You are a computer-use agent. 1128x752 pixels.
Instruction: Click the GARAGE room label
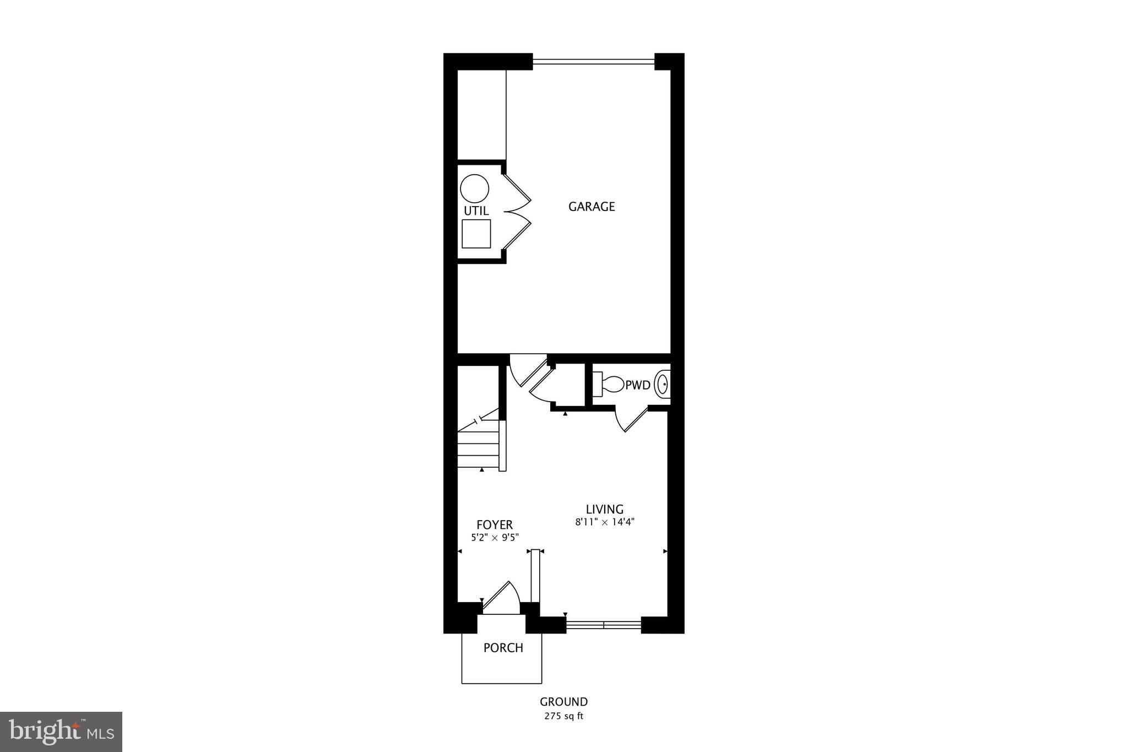click(592, 207)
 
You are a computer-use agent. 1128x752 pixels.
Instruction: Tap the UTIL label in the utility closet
click(476, 211)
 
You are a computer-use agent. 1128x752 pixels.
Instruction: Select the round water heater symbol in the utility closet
click(474, 188)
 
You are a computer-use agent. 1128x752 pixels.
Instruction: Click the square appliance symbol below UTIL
click(476, 234)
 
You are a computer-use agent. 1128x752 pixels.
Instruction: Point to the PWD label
click(638, 385)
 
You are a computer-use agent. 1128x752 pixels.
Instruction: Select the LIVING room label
click(604, 510)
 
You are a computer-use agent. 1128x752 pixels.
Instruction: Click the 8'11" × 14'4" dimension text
click(605, 522)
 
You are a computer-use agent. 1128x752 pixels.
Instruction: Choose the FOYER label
click(495, 525)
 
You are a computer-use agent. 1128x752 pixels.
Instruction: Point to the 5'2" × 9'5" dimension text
click(495, 537)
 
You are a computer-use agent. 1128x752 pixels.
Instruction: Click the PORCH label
click(503, 648)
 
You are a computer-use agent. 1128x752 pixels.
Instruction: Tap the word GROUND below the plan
click(563, 702)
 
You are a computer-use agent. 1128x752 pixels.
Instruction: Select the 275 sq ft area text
click(563, 717)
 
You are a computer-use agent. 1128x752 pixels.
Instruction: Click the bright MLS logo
click(61, 732)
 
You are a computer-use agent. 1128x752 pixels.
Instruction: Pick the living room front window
click(604, 625)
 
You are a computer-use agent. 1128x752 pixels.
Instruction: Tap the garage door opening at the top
click(593, 62)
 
